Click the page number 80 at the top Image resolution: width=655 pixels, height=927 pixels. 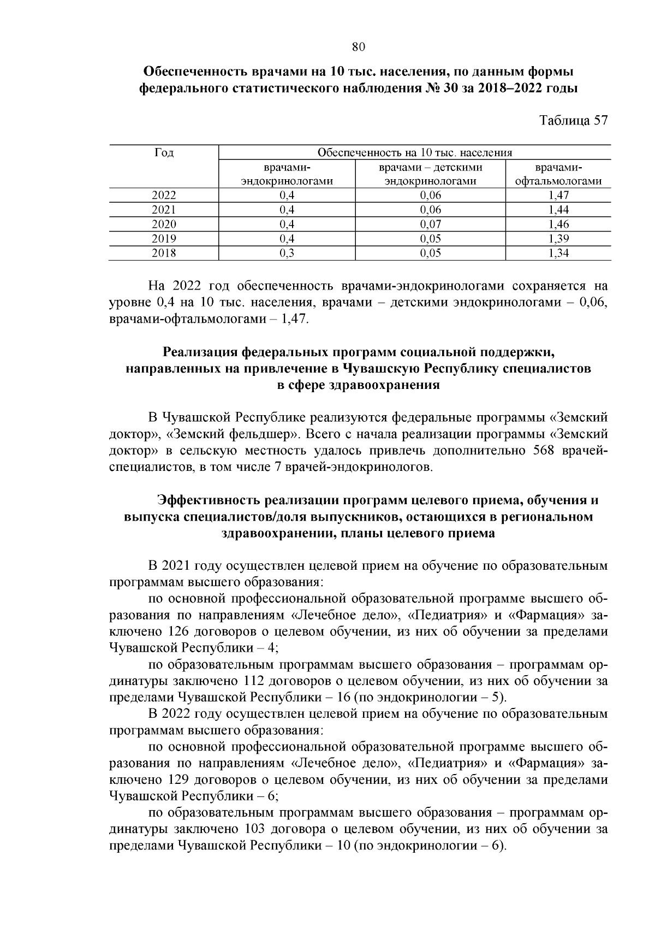(x=358, y=47)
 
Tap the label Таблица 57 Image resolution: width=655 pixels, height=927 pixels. (x=573, y=121)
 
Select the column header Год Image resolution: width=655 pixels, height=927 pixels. (x=164, y=153)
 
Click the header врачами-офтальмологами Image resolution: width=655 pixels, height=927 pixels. (x=558, y=174)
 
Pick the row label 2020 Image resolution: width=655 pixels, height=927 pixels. (x=164, y=224)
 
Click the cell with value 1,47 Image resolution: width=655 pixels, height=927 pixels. (x=558, y=196)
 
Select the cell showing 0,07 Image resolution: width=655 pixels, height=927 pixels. (x=430, y=224)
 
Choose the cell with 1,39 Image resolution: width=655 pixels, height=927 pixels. (x=558, y=239)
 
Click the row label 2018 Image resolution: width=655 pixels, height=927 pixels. (x=164, y=253)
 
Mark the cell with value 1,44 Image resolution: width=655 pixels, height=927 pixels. (x=558, y=210)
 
